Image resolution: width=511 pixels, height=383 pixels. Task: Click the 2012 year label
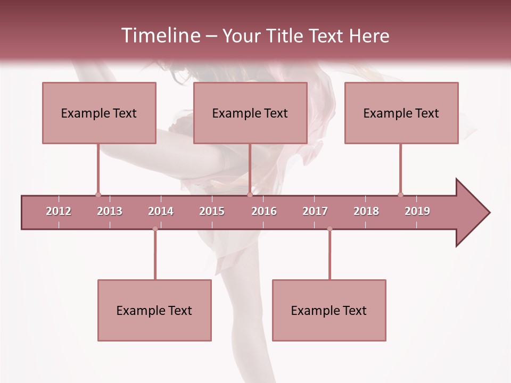[59, 211]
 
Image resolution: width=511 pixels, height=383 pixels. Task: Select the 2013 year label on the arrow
[110, 211]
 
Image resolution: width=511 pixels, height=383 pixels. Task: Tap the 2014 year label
[161, 211]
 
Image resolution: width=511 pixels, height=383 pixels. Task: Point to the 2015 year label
[212, 211]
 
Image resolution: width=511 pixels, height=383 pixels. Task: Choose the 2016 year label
[264, 211]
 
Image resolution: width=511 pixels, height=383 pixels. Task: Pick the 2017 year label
[315, 211]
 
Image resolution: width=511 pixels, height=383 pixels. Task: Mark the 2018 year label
[366, 211]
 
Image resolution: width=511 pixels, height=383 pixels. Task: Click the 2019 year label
[417, 211]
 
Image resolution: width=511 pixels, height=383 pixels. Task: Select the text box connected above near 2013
[99, 113]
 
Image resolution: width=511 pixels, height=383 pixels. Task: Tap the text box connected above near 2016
[250, 113]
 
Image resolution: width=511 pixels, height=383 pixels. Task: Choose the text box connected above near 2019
[401, 113]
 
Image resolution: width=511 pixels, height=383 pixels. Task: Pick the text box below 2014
[154, 310]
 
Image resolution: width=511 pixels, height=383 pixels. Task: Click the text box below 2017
[329, 310]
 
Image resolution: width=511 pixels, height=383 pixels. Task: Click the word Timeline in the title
[160, 36]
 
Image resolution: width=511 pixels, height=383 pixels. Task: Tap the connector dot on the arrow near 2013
[98, 195]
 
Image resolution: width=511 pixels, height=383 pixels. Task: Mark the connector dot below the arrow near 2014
[155, 229]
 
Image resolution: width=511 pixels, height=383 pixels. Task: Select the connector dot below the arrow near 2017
[329, 229]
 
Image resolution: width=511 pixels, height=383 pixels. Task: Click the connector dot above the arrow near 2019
[400, 195]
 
